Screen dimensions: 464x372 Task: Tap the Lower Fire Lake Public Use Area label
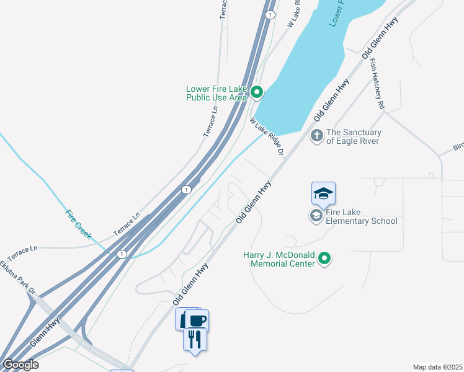coord(216,93)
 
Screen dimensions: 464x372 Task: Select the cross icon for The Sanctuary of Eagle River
coord(317,135)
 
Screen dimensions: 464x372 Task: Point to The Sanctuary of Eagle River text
coord(354,136)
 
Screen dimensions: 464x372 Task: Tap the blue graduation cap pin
coord(323,194)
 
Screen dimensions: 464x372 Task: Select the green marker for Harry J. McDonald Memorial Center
coord(324,259)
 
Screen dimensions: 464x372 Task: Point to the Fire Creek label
coord(79,225)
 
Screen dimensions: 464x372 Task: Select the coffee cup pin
coord(197,321)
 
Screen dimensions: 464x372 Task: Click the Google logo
coord(20,365)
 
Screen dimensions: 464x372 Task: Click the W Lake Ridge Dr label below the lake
coord(267,136)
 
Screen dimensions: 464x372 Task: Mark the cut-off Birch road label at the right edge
coord(458,147)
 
